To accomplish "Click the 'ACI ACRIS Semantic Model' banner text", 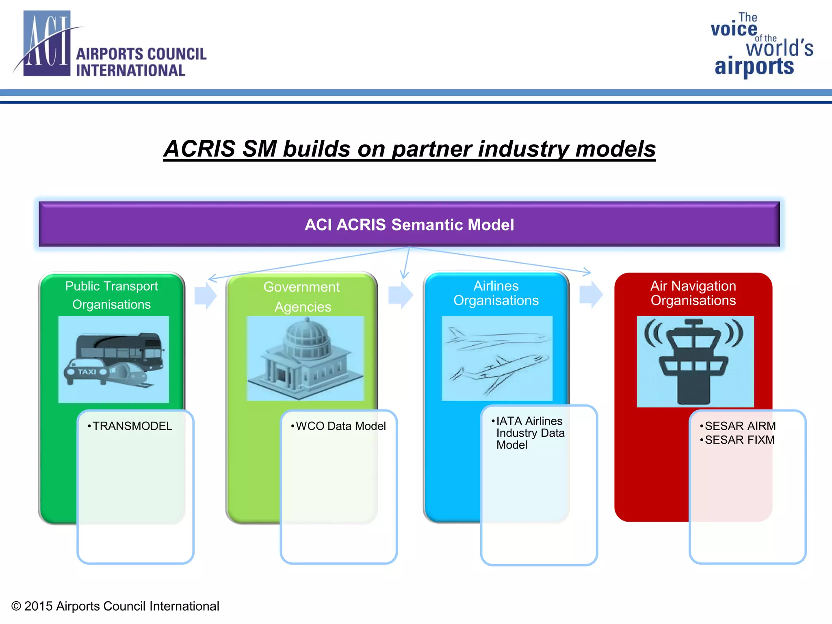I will (409, 225).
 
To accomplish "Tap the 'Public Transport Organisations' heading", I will (111, 295).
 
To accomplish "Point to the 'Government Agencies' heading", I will (302, 297).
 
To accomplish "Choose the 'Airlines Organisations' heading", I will (496, 293).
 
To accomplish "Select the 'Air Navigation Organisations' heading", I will (693, 293).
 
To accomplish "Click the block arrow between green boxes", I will (206, 295).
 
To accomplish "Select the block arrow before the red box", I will (591, 294).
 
